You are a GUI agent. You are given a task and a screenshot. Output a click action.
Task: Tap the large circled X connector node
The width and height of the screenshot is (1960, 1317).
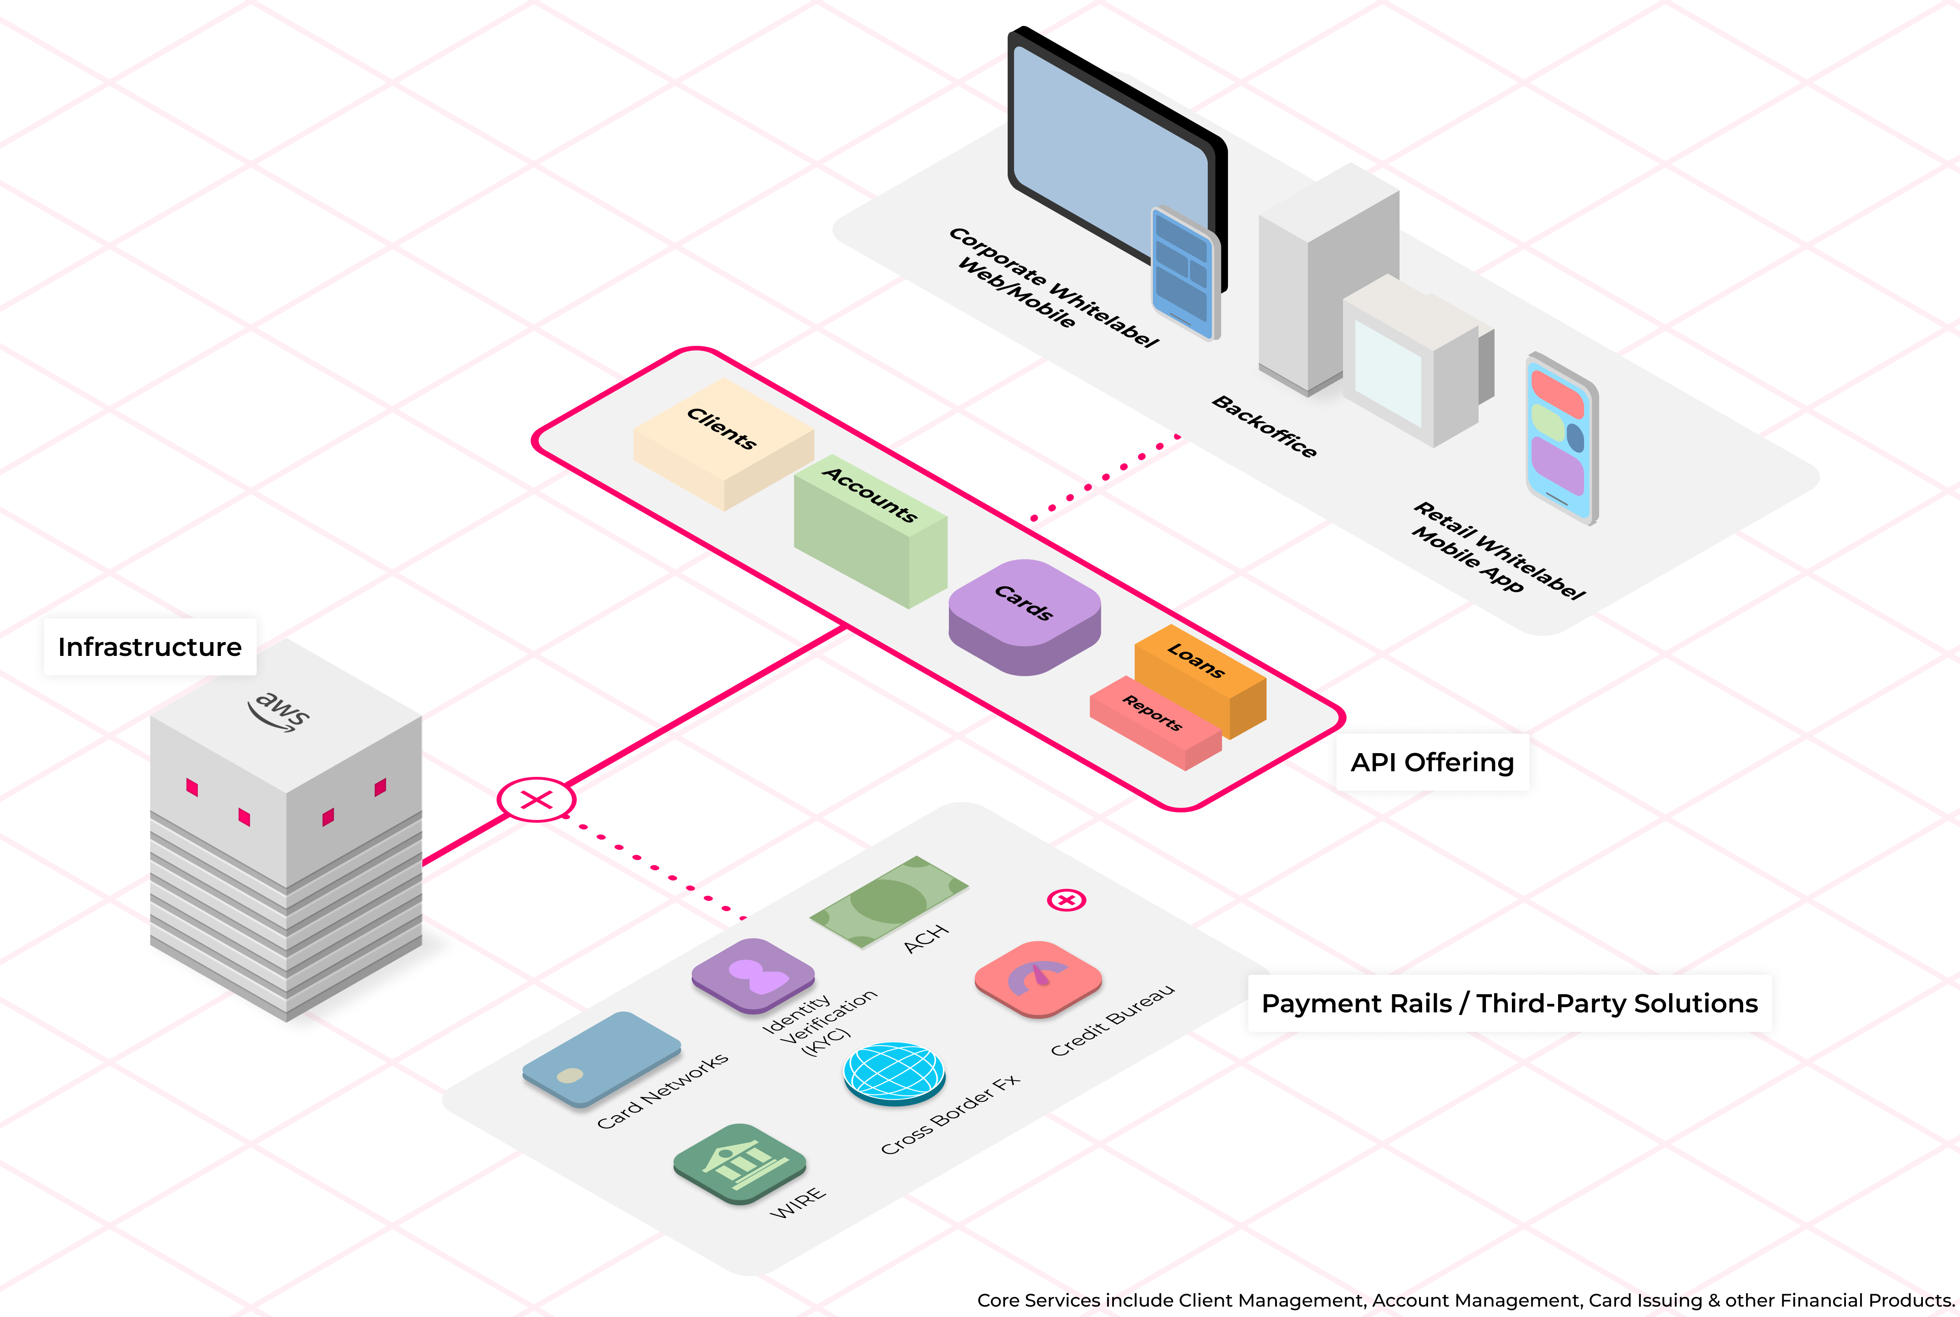536,800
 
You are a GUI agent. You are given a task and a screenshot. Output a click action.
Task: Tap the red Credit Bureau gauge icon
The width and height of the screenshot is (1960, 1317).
1038,979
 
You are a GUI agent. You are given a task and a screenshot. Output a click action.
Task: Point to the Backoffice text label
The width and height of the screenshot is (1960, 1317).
1264,426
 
